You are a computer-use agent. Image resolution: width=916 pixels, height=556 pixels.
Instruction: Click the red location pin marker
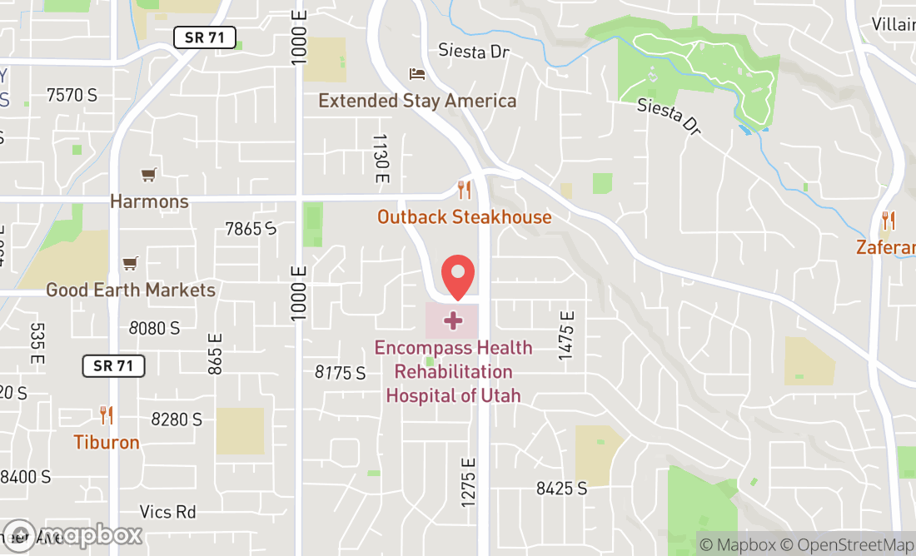tap(457, 277)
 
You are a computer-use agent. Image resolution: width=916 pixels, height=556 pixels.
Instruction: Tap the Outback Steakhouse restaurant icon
tap(465, 191)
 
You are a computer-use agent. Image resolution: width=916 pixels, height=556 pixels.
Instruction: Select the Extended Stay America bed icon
tap(417, 75)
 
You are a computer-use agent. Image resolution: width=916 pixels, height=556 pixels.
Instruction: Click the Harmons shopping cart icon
tap(148, 175)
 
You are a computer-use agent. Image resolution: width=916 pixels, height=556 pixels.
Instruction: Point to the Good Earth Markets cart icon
tap(130, 264)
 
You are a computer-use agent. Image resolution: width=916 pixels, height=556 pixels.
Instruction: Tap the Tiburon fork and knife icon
tap(106, 415)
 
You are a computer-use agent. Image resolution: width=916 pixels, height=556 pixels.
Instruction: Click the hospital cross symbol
tap(453, 320)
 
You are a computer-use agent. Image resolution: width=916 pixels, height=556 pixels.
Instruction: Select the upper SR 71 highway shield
tap(205, 37)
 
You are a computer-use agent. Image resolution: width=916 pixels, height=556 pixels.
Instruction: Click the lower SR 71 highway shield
tap(114, 365)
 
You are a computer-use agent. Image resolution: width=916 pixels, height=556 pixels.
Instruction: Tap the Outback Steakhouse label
tap(464, 217)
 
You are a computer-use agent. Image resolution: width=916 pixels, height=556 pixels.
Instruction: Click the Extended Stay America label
tap(417, 101)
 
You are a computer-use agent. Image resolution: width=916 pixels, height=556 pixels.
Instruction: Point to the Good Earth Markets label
tap(131, 290)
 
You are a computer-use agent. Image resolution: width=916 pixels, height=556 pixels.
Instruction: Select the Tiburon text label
tap(107, 442)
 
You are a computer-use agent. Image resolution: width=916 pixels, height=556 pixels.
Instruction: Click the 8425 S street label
tap(561, 489)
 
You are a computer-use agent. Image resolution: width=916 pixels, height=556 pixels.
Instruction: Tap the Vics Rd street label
tap(168, 511)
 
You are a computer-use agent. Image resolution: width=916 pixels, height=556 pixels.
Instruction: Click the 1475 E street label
tap(567, 335)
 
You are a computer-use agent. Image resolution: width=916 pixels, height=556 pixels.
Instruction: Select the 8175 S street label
tap(340, 372)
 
